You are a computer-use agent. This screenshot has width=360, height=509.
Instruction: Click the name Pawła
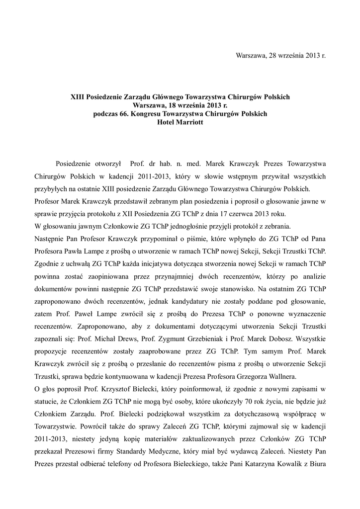[74, 253]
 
